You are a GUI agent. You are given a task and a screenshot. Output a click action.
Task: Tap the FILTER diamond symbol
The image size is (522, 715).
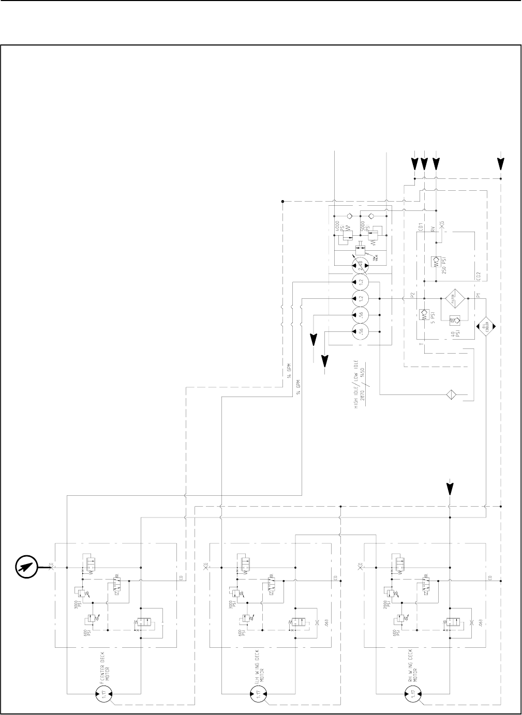tap(454, 298)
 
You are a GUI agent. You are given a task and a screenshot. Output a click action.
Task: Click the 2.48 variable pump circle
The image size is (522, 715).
tap(361, 266)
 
